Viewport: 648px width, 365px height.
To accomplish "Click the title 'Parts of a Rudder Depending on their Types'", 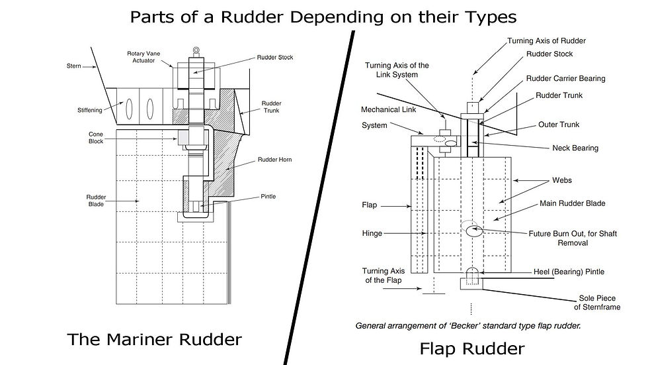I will point(324,16).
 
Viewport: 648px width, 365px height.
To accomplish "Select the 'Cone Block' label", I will point(96,138).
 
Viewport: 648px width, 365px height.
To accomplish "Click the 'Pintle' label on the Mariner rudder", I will point(268,197).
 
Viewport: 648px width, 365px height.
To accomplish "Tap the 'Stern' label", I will point(74,66).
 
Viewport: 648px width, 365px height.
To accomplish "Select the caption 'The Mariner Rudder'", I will point(155,340).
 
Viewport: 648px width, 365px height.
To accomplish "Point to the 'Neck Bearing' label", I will point(575,148).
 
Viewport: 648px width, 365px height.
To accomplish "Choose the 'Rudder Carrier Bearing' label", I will point(565,78).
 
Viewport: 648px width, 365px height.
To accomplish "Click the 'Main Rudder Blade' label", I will point(572,203).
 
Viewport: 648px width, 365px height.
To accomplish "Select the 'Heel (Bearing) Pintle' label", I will point(569,272).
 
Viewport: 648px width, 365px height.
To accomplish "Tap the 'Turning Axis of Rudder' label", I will point(546,40).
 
